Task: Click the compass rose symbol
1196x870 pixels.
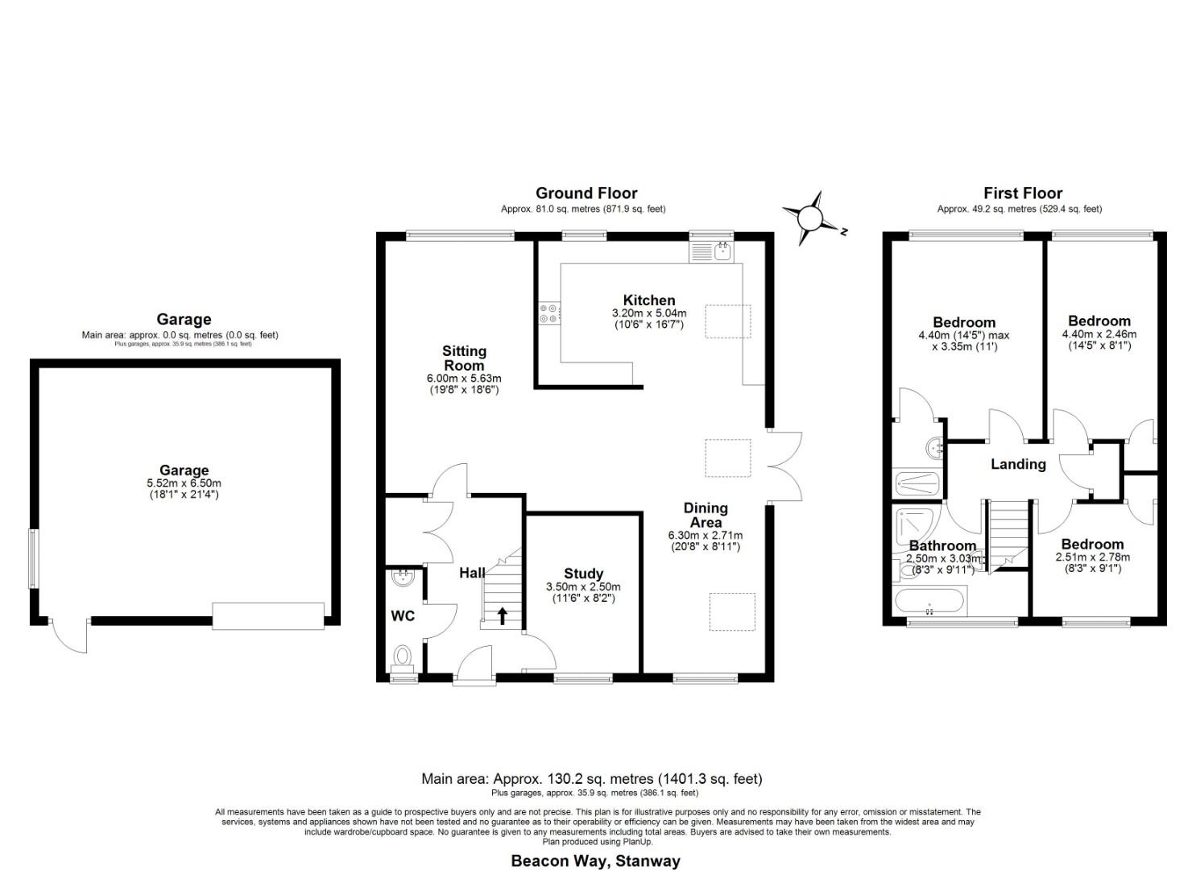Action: (810, 217)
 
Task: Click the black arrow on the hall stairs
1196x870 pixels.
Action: (503, 616)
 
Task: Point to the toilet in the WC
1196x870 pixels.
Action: (402, 656)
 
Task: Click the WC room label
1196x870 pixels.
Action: (403, 616)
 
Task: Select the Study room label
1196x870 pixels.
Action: (583, 574)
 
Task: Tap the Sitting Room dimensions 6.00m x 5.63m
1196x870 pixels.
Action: (464, 379)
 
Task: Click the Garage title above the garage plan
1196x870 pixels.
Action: (184, 320)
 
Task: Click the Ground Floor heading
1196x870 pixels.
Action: (586, 193)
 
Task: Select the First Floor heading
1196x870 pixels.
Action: (1022, 193)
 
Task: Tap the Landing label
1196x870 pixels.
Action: (1018, 464)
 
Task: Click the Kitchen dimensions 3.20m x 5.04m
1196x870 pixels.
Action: (649, 313)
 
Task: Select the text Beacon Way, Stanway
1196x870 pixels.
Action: (595, 861)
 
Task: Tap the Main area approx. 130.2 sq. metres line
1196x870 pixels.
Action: (591, 779)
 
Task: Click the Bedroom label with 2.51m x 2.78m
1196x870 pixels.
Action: (1092, 545)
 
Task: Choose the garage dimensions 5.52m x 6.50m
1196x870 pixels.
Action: (184, 483)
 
